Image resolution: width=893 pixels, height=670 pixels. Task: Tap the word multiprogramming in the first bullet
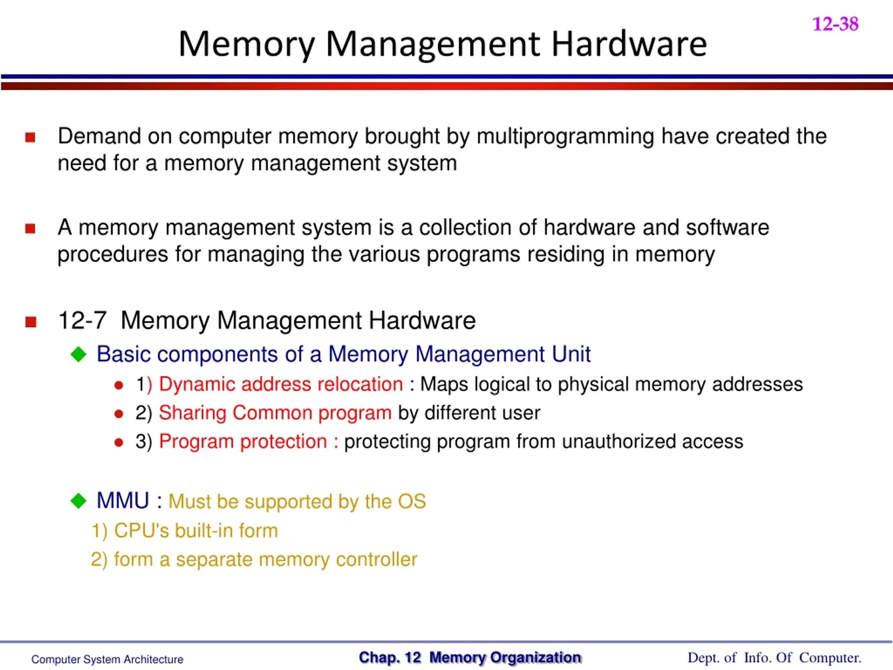[x=565, y=136]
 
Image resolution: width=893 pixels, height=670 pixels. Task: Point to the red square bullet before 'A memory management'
[x=30, y=229]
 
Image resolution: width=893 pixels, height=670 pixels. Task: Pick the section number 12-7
[x=82, y=321]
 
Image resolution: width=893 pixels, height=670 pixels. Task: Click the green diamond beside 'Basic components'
[x=78, y=354]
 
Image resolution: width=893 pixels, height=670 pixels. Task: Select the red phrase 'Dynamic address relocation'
[x=281, y=384]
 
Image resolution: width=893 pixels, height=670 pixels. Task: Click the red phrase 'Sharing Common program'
[x=275, y=413]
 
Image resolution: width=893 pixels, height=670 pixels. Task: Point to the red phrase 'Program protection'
[x=243, y=441]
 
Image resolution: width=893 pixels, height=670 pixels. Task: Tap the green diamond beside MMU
[x=78, y=501]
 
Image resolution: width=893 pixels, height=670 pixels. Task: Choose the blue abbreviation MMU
[x=123, y=501]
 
